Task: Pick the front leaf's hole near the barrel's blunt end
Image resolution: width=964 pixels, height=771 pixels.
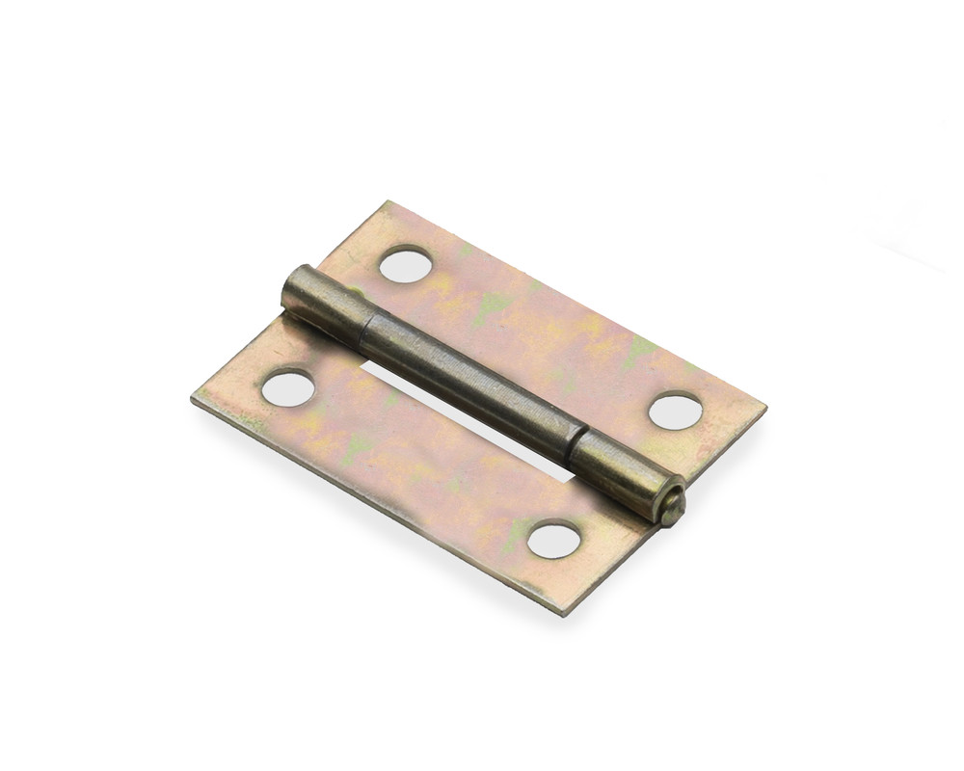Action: [287, 387]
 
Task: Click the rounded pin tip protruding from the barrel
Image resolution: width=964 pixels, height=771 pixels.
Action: [672, 506]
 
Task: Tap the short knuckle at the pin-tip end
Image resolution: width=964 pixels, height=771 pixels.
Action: [622, 472]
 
